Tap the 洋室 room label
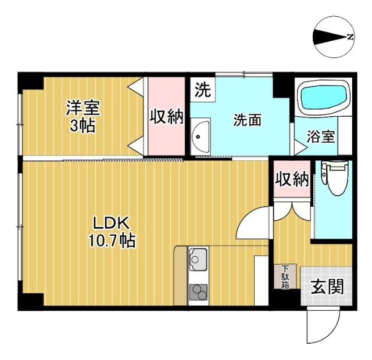point(83,107)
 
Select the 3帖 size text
point(83,125)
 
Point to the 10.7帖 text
point(112,240)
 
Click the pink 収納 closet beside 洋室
point(167,117)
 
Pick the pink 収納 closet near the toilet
point(292,179)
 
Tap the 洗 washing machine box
point(202,91)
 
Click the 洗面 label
point(247,120)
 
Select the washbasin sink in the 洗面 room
point(200,138)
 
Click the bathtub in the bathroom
point(323,96)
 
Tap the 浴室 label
point(321,137)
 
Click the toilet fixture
point(334,177)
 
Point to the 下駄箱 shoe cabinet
point(285,277)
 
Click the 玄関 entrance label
point(326,286)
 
